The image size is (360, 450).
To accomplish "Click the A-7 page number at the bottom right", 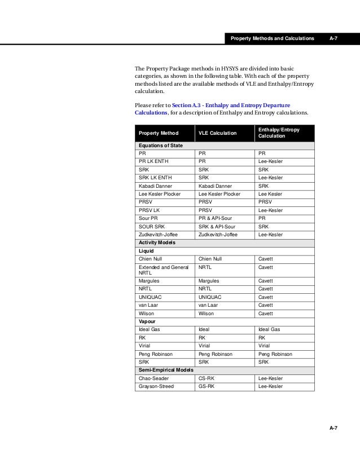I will pyautogui.click(x=333, y=429).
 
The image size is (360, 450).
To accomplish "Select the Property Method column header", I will pyautogui.click(x=159, y=133).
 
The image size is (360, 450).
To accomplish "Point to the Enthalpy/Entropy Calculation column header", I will pyautogui.click(x=279, y=133).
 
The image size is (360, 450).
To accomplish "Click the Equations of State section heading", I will pyautogui.click(x=161, y=145).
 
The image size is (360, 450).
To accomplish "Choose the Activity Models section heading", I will pyautogui.click(x=157, y=242).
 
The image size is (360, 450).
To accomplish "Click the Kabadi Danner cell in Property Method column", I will pyautogui.click(x=156, y=186).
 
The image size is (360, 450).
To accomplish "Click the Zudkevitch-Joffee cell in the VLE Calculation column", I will pyautogui.click(x=218, y=234).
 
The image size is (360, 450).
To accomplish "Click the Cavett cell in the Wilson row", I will pyautogui.click(x=265, y=313).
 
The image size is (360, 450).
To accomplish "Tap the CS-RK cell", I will pyautogui.click(x=207, y=378).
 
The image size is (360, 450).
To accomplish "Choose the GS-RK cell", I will pyautogui.click(x=207, y=386).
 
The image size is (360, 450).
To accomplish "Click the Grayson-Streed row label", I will pyautogui.click(x=156, y=386).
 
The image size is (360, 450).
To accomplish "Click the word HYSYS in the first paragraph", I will pyautogui.click(x=229, y=69).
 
